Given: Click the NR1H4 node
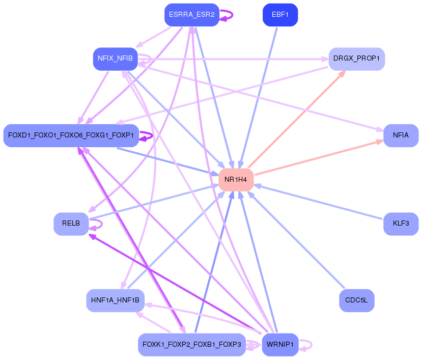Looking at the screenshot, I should coord(236,180).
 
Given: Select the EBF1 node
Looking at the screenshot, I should coord(280,15).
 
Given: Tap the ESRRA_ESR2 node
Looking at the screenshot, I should coord(191,15).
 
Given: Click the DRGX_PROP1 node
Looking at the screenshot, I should coord(356,59).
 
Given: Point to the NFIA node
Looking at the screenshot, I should coord(401,135).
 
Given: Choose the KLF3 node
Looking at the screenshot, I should coord(401,224).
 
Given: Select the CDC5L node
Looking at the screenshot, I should coord(356,300).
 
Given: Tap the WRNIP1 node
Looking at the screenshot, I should coord(279,345).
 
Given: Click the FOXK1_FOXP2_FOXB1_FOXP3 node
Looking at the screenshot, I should coord(191,345).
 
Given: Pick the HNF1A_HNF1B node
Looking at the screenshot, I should coord(115,300).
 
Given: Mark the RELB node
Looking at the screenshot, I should coord(71,224).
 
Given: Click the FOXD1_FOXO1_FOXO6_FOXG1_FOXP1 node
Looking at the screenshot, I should coord(71,135).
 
